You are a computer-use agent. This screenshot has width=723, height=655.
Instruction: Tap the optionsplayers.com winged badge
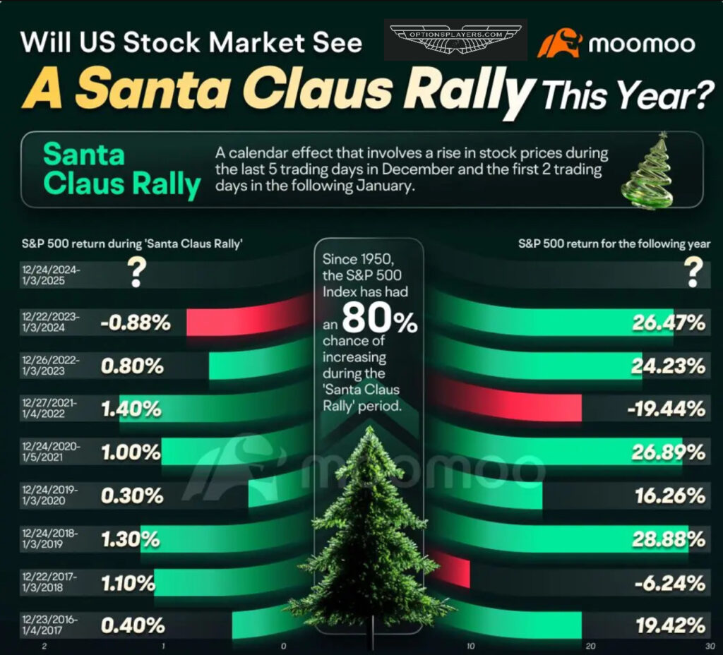(455, 39)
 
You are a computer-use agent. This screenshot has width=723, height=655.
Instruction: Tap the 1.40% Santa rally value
(131, 409)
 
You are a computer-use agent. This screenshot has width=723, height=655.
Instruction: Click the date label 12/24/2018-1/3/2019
(50, 540)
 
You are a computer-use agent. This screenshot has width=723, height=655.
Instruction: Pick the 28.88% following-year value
(668, 540)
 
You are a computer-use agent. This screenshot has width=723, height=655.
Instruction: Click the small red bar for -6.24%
(452, 572)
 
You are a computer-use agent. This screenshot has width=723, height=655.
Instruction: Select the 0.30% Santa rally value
(133, 496)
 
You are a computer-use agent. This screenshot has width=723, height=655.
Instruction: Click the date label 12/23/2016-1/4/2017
(50, 625)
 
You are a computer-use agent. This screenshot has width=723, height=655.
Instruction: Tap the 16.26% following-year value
(668, 496)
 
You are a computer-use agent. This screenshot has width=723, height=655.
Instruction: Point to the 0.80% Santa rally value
(133, 366)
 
